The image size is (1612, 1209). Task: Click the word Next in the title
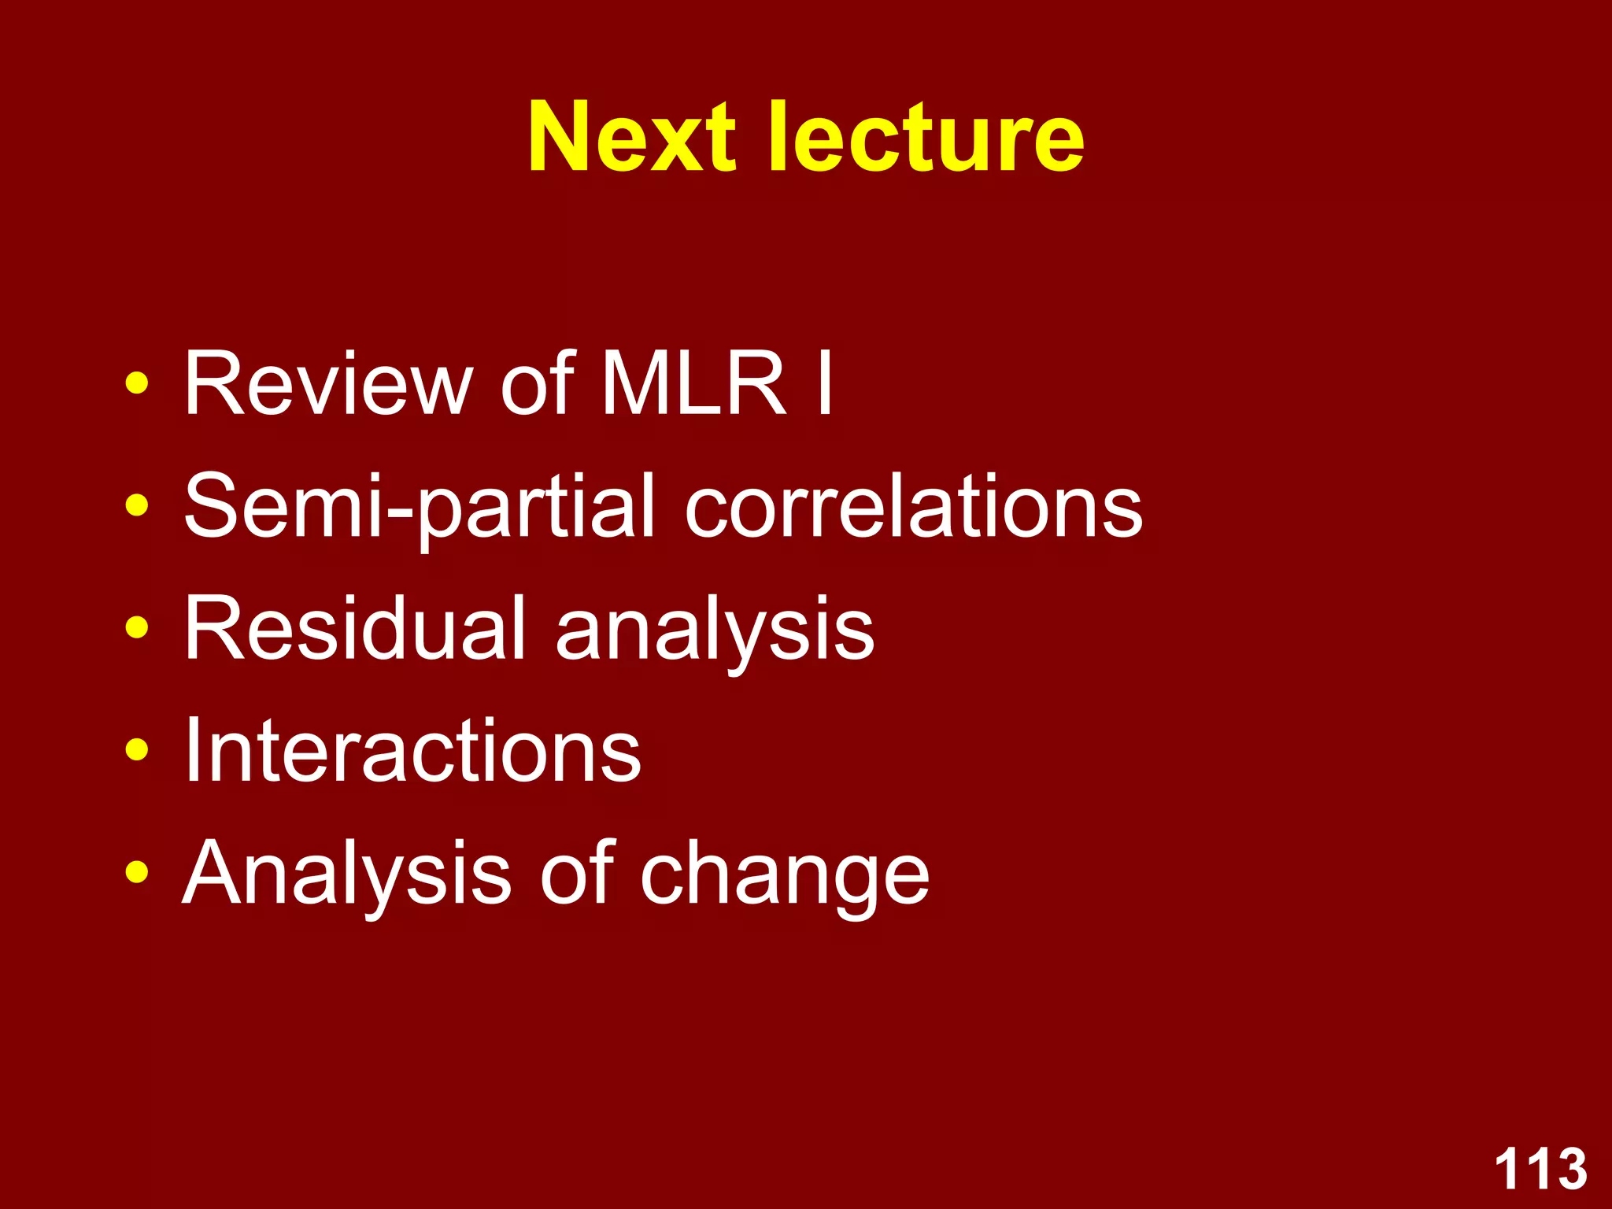pos(631,137)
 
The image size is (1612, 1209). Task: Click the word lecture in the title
pos(926,137)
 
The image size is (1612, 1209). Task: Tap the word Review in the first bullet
pos(327,383)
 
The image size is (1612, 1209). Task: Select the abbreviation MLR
pos(693,383)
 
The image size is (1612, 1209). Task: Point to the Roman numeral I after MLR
pos(824,383)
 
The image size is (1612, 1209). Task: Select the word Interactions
pos(412,751)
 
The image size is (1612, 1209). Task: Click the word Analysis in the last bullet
pos(346,874)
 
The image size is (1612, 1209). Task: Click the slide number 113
pos(1540,1169)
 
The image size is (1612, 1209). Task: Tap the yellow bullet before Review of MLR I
pos(137,383)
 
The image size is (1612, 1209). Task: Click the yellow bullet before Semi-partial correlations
pos(137,506)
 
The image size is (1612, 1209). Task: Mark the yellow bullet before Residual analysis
pos(137,628)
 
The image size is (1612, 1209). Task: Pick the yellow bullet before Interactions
pos(137,751)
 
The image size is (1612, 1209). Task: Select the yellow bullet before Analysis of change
pos(137,873)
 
